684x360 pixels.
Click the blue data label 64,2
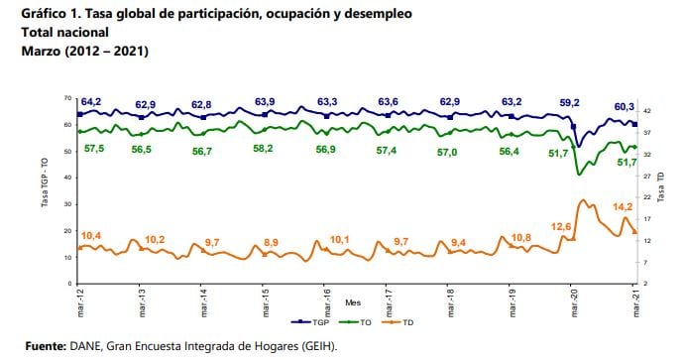[x=92, y=102]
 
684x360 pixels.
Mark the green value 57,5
[x=94, y=148]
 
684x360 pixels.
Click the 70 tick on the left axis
[x=66, y=98]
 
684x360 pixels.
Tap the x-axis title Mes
[x=352, y=300]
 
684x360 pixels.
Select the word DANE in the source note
[x=81, y=346]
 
